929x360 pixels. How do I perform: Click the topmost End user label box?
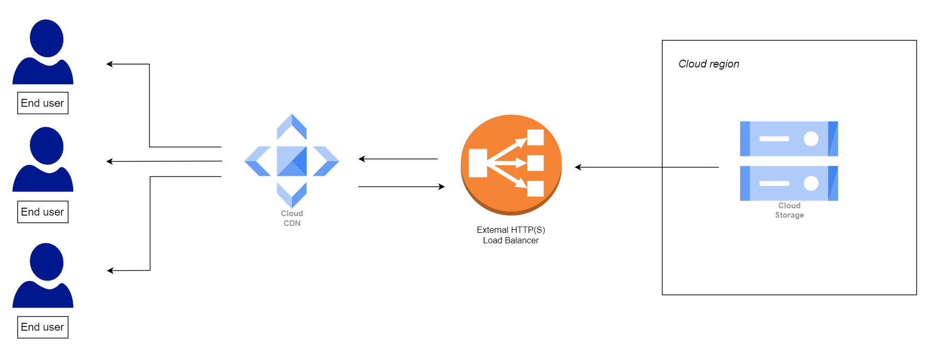pos(43,103)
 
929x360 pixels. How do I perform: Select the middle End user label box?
pos(43,212)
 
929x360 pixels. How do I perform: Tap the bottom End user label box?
pos(43,327)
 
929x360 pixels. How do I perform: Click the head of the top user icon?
pos(47,38)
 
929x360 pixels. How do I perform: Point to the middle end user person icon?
pos(43,160)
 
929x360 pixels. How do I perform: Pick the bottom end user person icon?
pos(43,276)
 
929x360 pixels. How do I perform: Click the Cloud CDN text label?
pos(292,218)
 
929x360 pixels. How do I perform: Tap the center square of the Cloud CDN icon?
pos(292,161)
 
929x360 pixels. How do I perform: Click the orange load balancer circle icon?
pos(511,164)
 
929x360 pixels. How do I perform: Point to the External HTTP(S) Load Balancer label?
pos(511,235)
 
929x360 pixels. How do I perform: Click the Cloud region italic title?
pos(709,64)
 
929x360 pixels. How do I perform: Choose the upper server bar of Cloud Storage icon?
pos(789,139)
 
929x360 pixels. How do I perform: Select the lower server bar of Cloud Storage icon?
pos(789,183)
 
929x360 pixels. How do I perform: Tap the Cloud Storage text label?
pos(789,210)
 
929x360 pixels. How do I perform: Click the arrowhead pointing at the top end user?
pos(109,64)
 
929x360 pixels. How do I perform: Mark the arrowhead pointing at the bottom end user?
pos(110,271)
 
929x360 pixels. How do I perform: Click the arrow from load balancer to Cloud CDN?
pos(398,159)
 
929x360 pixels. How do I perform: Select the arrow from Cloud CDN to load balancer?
pos(401,186)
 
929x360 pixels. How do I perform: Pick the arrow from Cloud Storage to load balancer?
pos(647,167)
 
